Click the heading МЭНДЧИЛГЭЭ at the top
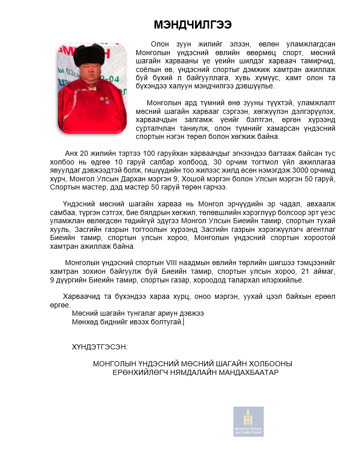(x=193, y=25)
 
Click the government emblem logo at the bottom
(x=248, y=421)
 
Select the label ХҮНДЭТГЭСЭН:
(x=100, y=347)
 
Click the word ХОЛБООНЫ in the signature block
(x=271, y=364)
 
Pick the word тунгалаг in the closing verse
(x=140, y=313)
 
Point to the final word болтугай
(x=167, y=321)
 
